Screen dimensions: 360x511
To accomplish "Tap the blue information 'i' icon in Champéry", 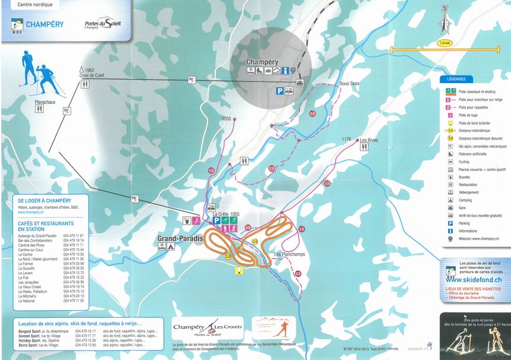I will tap(292, 71).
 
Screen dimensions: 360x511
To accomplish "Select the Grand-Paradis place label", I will tap(179, 239).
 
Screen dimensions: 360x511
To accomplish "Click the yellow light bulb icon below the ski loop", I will tap(239, 270).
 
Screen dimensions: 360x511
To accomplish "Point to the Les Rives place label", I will tap(368, 140).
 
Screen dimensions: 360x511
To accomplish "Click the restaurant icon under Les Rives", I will tap(364, 148).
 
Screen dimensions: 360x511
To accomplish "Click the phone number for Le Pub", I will tap(74, 277).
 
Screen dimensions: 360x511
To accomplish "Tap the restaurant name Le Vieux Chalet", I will tap(32, 286).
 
